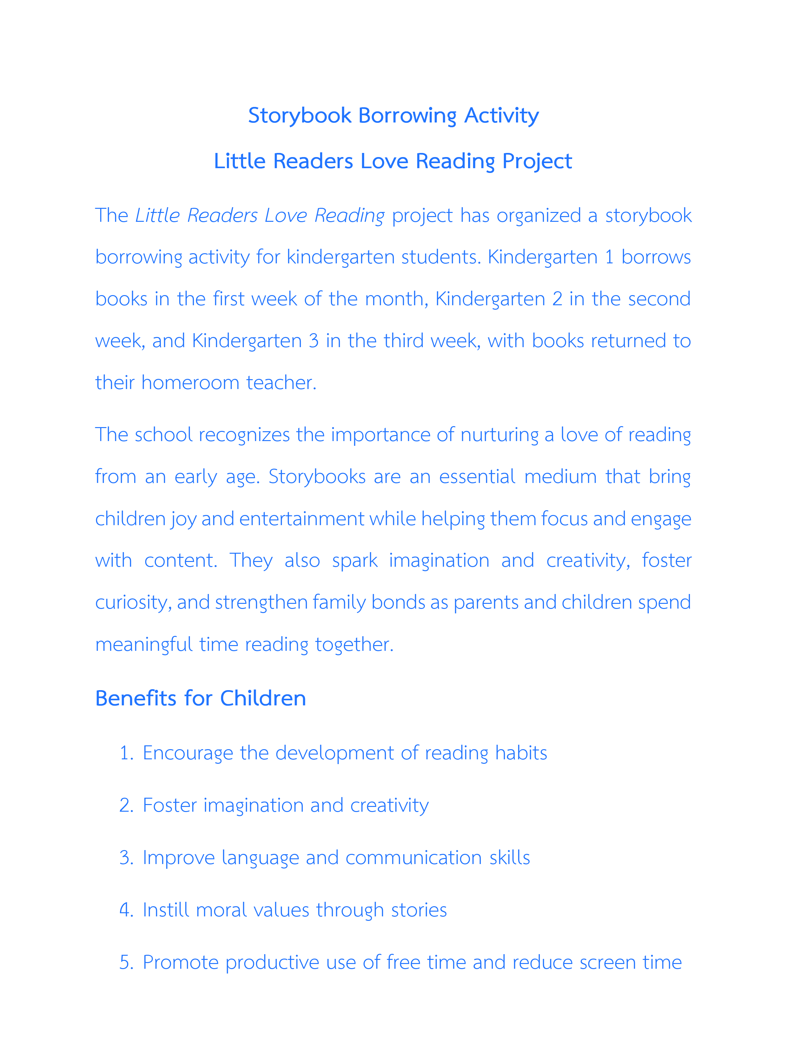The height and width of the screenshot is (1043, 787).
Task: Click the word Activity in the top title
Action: pos(501,116)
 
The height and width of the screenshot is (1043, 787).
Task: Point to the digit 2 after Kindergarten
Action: pos(557,299)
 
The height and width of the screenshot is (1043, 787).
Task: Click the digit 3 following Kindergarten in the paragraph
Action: pos(314,341)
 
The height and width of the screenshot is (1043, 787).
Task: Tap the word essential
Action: pos(477,477)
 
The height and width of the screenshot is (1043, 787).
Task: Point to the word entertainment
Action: pos(301,519)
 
